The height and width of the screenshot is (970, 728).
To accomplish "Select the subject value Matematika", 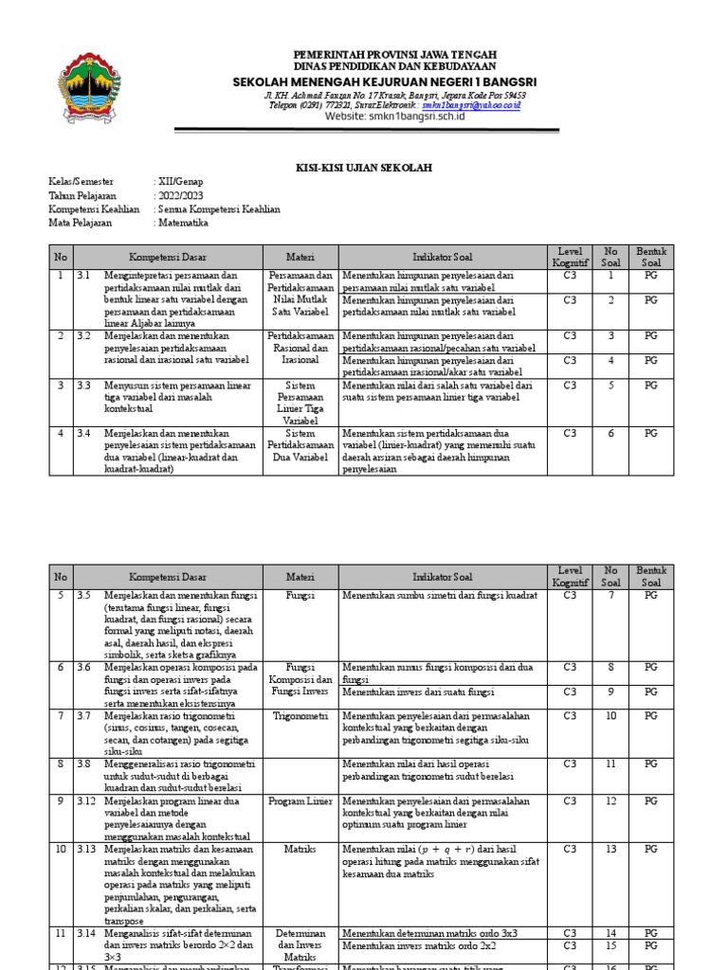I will click(183, 223).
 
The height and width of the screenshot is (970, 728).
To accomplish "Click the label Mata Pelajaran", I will click(80, 223).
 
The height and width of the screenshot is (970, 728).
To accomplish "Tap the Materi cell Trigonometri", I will click(300, 716).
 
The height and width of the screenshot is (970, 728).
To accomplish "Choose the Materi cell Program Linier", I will click(300, 801).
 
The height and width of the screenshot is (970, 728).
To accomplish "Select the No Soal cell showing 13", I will click(610, 850).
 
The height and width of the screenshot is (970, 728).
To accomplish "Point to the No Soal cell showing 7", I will click(610, 596).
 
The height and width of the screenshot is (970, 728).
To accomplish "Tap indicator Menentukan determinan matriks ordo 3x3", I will click(430, 933).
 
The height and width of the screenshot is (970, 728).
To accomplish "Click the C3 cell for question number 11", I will click(570, 763).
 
